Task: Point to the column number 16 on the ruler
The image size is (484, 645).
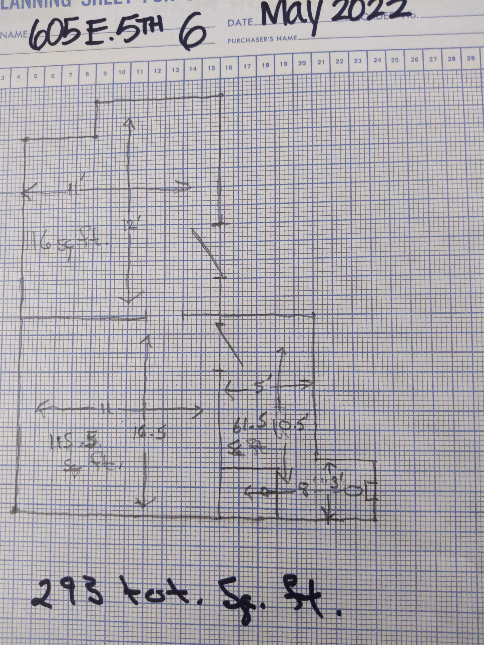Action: pyautogui.click(x=229, y=68)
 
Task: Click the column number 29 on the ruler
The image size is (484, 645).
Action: pyautogui.click(x=470, y=58)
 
